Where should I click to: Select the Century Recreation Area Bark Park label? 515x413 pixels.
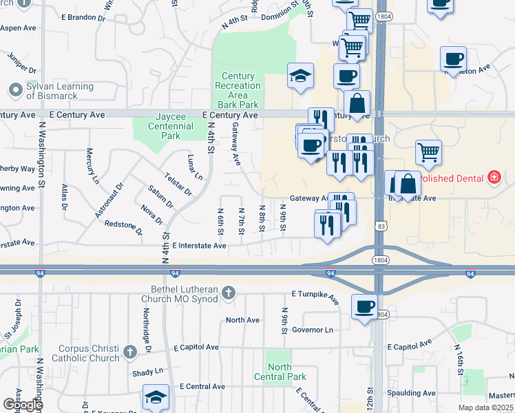tap(238, 90)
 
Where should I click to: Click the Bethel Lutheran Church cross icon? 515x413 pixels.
tap(229, 294)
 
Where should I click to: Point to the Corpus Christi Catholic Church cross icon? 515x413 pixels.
tap(129, 353)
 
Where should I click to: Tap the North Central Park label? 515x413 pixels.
tap(280, 372)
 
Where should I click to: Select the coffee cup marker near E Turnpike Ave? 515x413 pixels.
tap(364, 306)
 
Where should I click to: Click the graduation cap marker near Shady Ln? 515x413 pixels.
tap(156, 396)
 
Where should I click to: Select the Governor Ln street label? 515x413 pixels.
tap(312, 330)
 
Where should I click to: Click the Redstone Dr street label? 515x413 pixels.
tap(123, 225)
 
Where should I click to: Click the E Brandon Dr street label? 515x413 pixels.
tap(85, 16)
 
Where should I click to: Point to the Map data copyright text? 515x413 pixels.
tap(486, 407)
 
